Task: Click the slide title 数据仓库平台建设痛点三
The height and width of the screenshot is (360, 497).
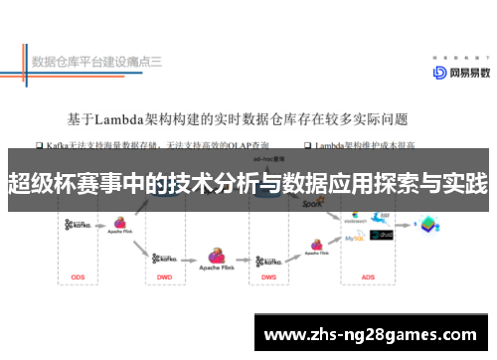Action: [96, 62]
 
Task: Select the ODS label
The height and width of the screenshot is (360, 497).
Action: [79, 275]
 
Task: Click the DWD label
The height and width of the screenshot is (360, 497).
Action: [165, 275]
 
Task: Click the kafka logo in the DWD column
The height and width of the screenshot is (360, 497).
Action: [166, 256]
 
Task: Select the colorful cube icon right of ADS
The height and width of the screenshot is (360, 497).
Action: [427, 225]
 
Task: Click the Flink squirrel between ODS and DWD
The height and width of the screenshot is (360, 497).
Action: [121, 224]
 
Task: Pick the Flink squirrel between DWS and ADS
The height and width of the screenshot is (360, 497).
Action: [316, 243]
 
